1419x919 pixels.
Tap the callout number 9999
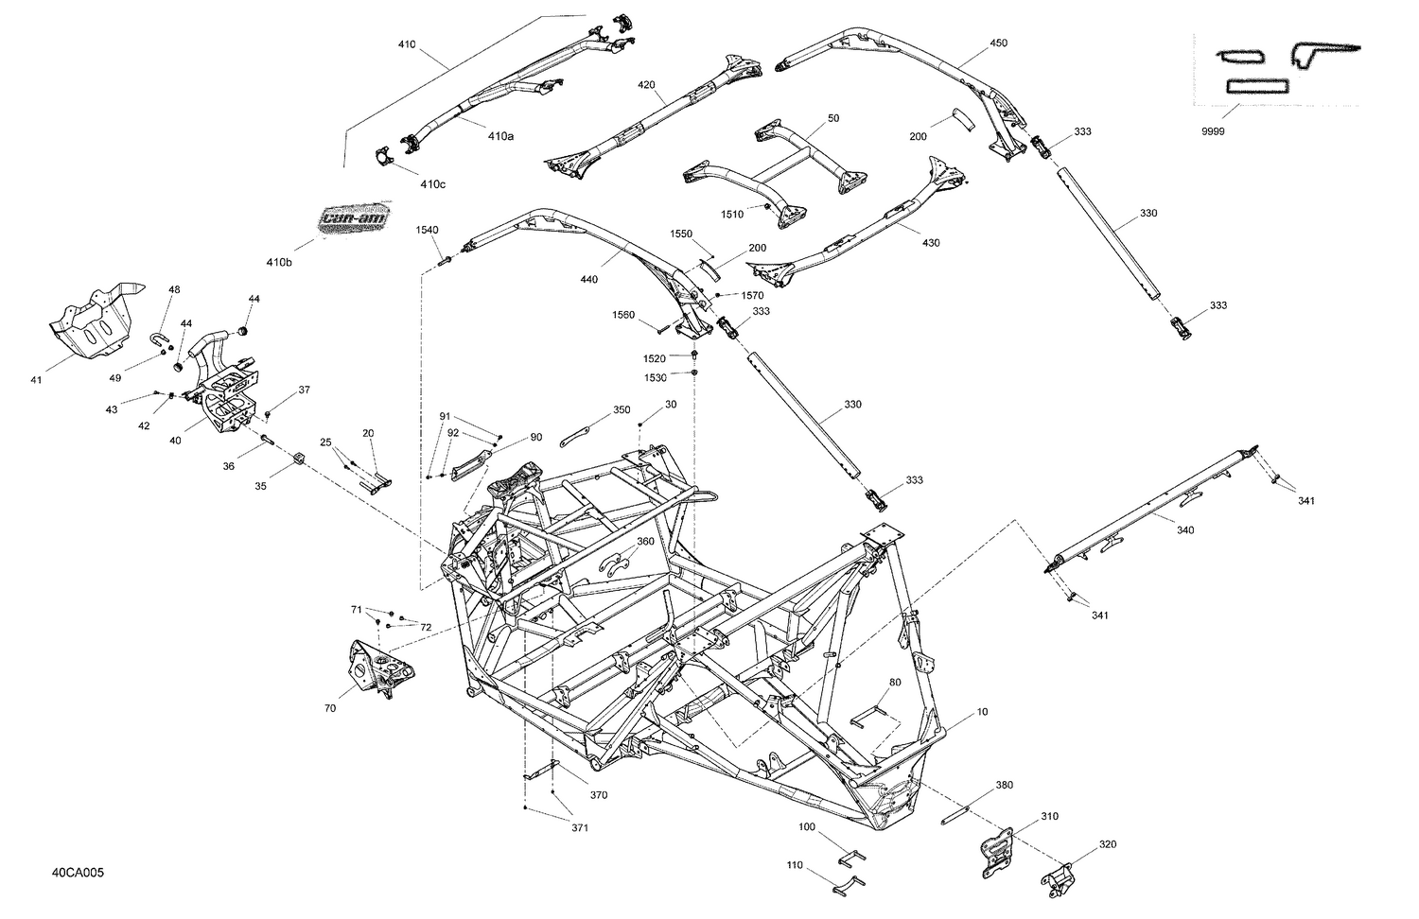pyautogui.click(x=1212, y=131)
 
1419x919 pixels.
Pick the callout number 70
pyautogui.click(x=329, y=706)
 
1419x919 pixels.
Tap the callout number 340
pyautogui.click(x=1184, y=530)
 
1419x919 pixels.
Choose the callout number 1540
pyautogui.click(x=427, y=230)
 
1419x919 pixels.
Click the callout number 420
pyautogui.click(x=646, y=85)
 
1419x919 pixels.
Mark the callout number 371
pyautogui.click(x=579, y=828)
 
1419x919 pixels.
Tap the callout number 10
pyautogui.click(x=982, y=711)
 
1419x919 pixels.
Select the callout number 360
pyautogui.click(x=644, y=542)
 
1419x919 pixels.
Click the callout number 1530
pyautogui.click(x=655, y=377)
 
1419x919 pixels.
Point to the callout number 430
pyautogui.click(x=931, y=243)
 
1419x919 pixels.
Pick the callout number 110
pyautogui.click(x=794, y=865)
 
